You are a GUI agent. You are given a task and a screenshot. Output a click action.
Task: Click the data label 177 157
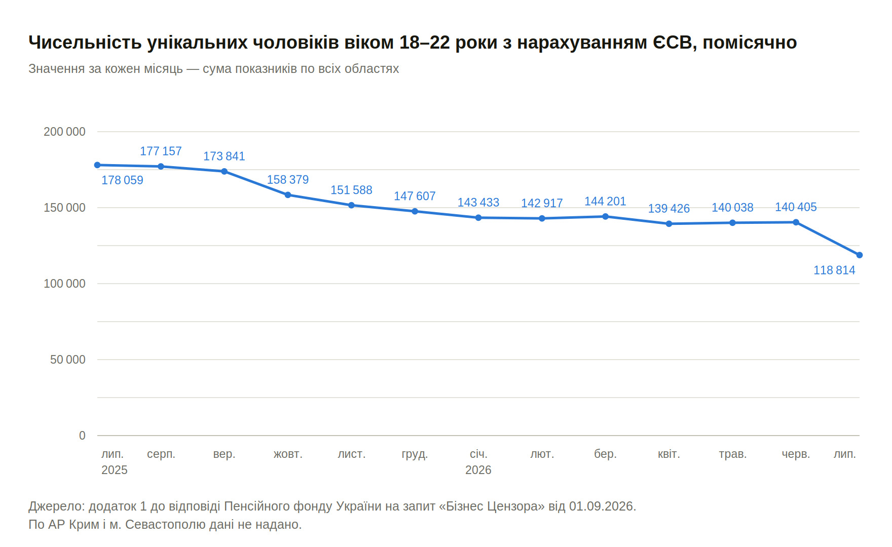[x=161, y=151]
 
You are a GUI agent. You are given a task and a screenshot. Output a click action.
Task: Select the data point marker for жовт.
[x=288, y=195]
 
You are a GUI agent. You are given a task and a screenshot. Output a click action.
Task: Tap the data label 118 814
[x=834, y=270]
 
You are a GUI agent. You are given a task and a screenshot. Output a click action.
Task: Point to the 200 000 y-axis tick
[x=64, y=132]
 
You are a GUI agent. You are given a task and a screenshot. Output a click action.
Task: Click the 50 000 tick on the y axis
[x=68, y=360]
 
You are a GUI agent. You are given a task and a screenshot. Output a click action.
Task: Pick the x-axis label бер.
[x=605, y=454]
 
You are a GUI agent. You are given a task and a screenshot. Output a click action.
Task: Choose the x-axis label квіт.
[x=669, y=454]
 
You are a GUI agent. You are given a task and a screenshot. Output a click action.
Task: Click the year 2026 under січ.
[x=478, y=470]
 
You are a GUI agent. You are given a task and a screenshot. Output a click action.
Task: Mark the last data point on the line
[x=860, y=255]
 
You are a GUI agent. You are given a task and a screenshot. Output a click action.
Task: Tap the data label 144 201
[x=605, y=201]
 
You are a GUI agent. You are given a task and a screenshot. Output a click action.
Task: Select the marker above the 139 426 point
[x=669, y=224]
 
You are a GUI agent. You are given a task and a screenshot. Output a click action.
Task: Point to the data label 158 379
[x=288, y=179]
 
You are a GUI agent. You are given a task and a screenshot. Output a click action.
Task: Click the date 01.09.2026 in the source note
[x=602, y=506]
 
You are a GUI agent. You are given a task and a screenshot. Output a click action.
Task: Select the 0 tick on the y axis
[x=82, y=436]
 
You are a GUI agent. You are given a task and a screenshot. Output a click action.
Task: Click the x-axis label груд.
[x=415, y=454]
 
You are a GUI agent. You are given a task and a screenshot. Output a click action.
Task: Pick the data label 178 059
[x=122, y=180]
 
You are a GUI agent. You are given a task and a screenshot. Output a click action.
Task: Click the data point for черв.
[x=796, y=222]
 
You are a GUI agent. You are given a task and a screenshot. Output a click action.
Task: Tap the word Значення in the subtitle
[x=56, y=68]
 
